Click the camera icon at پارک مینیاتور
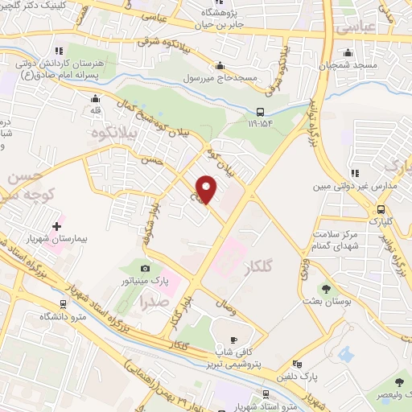click(x=145, y=268)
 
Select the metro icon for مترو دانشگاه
click(x=63, y=304)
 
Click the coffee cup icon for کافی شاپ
click(x=233, y=340)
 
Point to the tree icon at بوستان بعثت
click(x=326, y=288)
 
